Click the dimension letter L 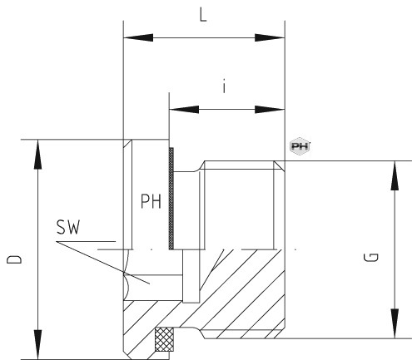coord(203,16)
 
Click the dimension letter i coord(224,87)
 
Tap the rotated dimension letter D coord(14,259)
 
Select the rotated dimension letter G coord(371,258)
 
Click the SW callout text coord(68,227)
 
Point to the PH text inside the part coord(151,201)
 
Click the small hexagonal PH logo coord(300,146)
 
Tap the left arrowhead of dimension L coord(138,37)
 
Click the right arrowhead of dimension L coord(270,37)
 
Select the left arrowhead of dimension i coord(184,109)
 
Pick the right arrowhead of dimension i coord(270,109)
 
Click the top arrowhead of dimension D coord(38,154)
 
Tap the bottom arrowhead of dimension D coord(38,344)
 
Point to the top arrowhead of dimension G coord(395,175)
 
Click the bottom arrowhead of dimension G coord(395,323)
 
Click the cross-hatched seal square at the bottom coord(164,339)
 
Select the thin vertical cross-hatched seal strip coord(171,199)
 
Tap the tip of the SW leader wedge coord(57,242)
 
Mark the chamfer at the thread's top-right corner coord(279,165)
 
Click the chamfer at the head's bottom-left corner coord(128,354)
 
